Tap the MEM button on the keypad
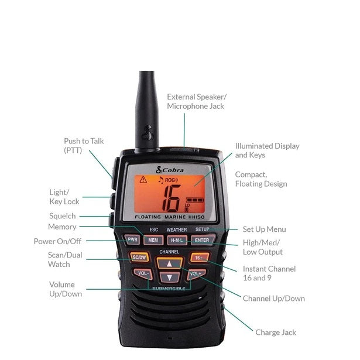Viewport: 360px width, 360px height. click(x=153, y=240)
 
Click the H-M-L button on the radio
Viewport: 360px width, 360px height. click(x=176, y=240)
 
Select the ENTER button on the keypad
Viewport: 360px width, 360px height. click(x=201, y=240)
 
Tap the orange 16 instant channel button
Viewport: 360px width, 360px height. click(x=199, y=256)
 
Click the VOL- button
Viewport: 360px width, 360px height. click(x=142, y=273)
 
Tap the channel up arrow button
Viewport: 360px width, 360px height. click(x=170, y=263)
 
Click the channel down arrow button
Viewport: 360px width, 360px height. click(x=170, y=276)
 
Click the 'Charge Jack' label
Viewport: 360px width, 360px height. click(x=276, y=332)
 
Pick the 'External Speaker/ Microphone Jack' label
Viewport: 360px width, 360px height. click(x=196, y=101)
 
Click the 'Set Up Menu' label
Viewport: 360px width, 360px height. click(x=264, y=229)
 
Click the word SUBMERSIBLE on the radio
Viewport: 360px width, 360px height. click(x=169, y=289)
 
